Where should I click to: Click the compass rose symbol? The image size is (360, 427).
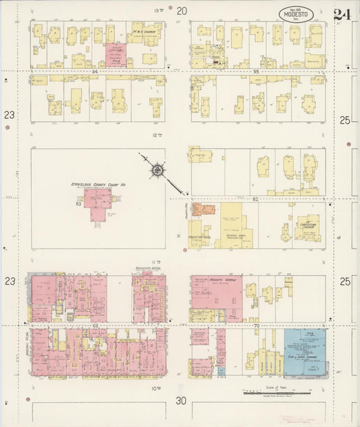tap(157, 170)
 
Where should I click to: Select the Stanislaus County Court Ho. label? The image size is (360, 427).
tap(99, 184)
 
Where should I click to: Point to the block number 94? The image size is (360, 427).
tap(96, 71)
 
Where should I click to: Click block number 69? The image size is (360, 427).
tap(96, 326)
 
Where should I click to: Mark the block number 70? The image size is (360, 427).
tap(256, 326)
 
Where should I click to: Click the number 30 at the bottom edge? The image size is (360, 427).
tap(180, 401)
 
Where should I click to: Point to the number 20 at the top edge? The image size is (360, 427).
tap(181, 10)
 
